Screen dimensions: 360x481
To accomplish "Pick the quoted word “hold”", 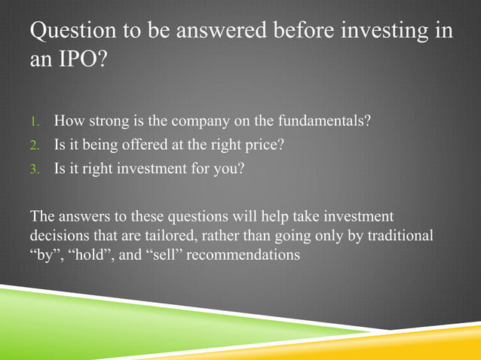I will point(85,255).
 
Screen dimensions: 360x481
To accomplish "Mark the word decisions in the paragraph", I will point(58,235).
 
